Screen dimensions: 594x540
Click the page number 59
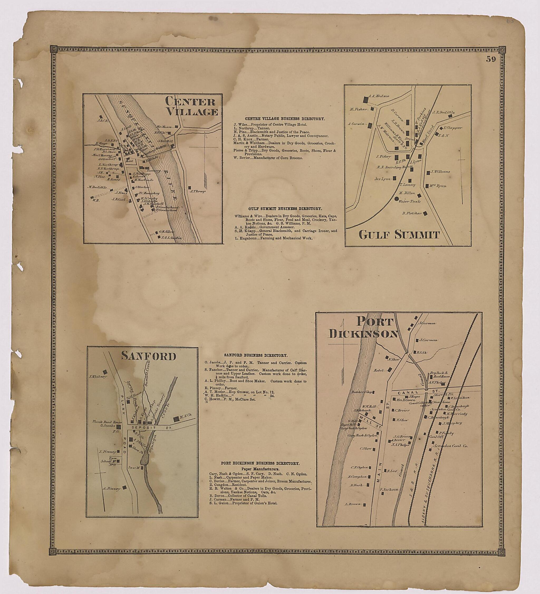point(491,60)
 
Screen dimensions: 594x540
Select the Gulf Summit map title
point(399,235)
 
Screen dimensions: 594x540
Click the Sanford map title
point(149,357)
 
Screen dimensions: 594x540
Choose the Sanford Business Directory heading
point(255,356)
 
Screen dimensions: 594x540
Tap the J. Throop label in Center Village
point(198,191)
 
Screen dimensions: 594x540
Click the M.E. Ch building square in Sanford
point(176,419)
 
